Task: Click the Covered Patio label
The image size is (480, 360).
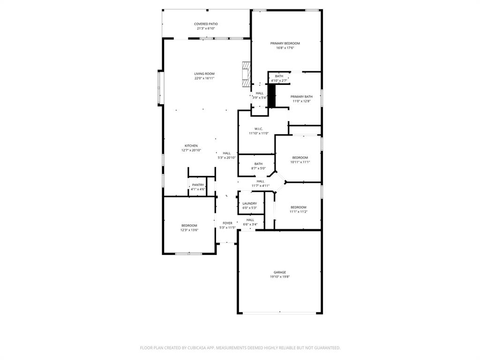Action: tap(206, 24)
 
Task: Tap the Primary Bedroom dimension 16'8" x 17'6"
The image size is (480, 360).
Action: tap(285, 48)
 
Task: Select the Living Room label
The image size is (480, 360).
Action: tap(204, 74)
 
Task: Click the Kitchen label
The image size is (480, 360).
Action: tap(191, 146)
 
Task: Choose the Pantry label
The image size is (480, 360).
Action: tap(198, 185)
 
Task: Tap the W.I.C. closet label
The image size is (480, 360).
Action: tap(259, 129)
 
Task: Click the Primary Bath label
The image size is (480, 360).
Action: tap(301, 97)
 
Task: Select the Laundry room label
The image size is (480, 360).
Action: tap(249, 203)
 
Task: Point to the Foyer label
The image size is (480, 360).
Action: tap(227, 223)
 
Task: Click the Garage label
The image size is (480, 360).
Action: tap(280, 272)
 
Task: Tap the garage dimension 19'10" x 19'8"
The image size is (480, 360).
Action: tap(280, 277)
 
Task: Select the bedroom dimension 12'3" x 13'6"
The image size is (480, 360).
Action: tap(189, 230)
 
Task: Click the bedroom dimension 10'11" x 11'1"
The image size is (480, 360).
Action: tap(300, 162)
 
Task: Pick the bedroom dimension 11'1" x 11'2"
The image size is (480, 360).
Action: tap(298, 212)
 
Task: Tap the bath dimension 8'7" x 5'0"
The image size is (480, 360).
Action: tap(258, 168)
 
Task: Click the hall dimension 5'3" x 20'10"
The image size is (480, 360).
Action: tap(226, 158)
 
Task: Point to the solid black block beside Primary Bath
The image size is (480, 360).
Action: tap(271, 97)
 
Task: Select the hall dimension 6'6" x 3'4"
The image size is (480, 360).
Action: tap(250, 225)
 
